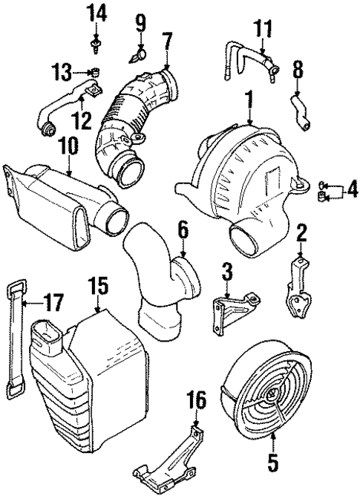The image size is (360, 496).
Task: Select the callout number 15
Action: tap(99, 285)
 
